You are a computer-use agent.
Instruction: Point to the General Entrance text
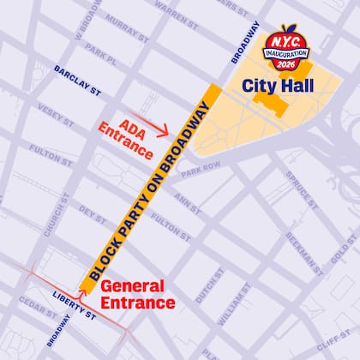coord(138,294)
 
